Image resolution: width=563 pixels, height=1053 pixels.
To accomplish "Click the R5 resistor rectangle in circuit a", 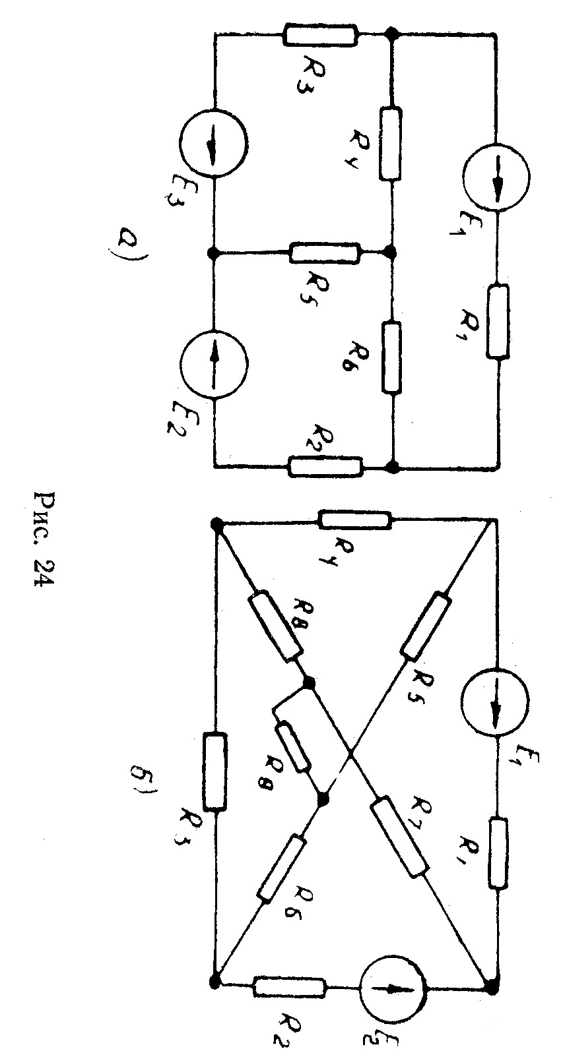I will click(325, 252).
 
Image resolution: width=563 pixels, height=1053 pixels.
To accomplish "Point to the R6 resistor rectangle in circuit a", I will click(391, 357).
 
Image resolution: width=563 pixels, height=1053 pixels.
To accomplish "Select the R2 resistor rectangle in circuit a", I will click(325, 466).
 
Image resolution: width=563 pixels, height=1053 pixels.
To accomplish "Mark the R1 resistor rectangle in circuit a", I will click(498, 321).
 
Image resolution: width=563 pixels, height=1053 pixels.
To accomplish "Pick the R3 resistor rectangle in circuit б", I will click(214, 771).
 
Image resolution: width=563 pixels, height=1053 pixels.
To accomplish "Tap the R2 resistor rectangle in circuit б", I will click(288, 988).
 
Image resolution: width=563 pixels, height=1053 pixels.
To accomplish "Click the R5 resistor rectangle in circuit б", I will click(426, 625).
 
